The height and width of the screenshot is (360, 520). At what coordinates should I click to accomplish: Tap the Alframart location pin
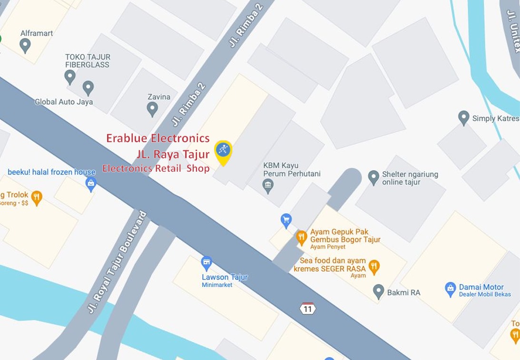click(x=25, y=45)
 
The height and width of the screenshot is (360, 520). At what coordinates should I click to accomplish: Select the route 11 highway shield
click(x=308, y=308)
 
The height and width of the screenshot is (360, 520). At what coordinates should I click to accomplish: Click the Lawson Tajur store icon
click(x=206, y=263)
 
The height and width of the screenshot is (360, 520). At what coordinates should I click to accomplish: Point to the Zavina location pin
click(x=152, y=109)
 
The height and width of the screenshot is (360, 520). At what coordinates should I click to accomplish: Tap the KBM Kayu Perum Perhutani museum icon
click(x=268, y=185)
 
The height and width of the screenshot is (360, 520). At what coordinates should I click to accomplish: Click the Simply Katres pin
click(x=463, y=117)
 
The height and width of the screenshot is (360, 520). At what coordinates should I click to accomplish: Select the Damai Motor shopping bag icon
click(x=450, y=289)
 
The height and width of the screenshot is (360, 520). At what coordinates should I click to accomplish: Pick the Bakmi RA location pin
click(x=378, y=292)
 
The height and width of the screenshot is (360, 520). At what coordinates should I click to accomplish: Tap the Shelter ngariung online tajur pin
click(x=373, y=177)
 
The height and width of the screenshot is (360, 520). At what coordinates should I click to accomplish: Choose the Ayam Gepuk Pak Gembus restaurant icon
click(x=301, y=237)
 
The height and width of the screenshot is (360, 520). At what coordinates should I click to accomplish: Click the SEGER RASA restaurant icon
click(x=374, y=267)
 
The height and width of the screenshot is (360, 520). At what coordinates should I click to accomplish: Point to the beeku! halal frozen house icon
click(x=91, y=183)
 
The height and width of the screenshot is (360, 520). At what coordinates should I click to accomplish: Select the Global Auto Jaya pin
click(x=88, y=88)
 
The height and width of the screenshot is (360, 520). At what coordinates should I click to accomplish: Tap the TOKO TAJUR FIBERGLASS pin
click(x=70, y=77)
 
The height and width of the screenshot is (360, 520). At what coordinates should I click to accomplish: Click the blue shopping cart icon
click(x=286, y=220)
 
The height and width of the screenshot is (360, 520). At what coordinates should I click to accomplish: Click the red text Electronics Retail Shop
click(x=156, y=168)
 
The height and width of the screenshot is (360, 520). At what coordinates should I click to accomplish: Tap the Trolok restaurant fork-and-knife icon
click(x=37, y=196)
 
